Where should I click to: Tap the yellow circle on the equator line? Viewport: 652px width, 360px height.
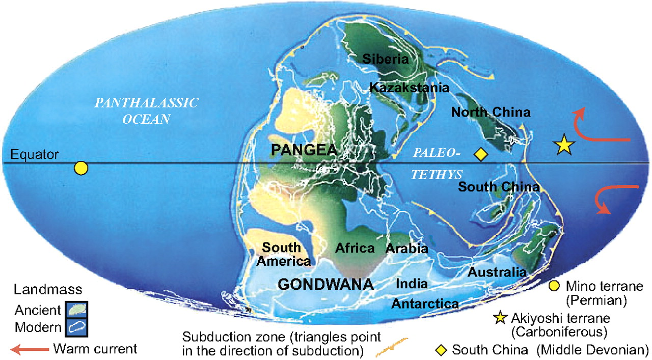pyautogui.click(x=80, y=168)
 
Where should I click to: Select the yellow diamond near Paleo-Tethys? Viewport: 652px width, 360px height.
pyautogui.click(x=480, y=154)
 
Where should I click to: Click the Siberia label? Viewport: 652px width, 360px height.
pyautogui.click(x=385, y=59)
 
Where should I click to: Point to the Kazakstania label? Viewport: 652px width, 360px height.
pyautogui.click(x=409, y=88)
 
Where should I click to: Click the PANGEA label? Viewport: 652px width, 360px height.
pyautogui.click(x=304, y=150)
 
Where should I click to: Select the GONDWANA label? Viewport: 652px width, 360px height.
pyautogui.click(x=323, y=284)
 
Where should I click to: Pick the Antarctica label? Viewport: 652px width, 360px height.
pyautogui.click(x=425, y=304)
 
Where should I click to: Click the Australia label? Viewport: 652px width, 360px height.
pyautogui.click(x=497, y=272)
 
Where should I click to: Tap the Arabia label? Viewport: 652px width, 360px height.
pyautogui.click(x=406, y=249)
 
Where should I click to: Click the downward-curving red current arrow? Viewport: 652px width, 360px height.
pyautogui.click(x=614, y=199)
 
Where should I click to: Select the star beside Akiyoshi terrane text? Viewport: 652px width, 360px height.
pyautogui.click(x=501, y=319)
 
